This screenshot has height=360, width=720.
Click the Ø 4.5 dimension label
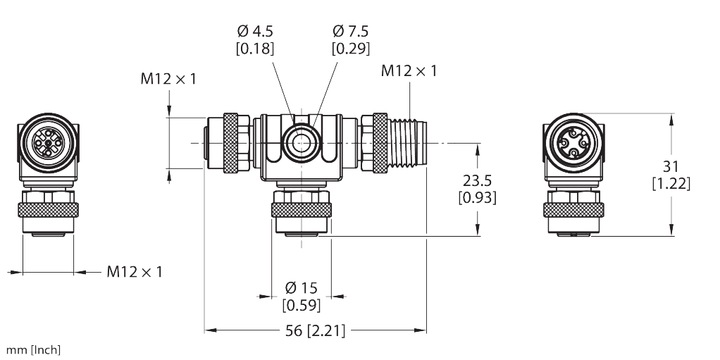tap(255, 32)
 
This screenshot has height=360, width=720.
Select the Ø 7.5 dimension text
tap(350, 32)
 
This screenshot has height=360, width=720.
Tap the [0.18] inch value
tap(255, 49)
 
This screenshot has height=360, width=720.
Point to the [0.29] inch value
tap(350, 49)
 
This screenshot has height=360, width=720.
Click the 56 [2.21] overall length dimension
tap(316, 330)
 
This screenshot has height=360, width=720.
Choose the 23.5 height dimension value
tap(477, 180)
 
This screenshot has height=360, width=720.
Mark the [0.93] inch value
tap(477, 198)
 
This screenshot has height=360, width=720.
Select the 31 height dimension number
tap(671, 166)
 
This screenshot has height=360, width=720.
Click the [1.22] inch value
tap(671, 184)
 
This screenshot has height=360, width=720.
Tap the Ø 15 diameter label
tap(301, 287)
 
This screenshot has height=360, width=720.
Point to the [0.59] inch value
tap(301, 305)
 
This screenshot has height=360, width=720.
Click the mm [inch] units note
tap(33, 349)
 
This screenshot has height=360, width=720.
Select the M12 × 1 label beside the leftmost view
tap(134, 271)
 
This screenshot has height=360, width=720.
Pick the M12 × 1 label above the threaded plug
tap(409, 70)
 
